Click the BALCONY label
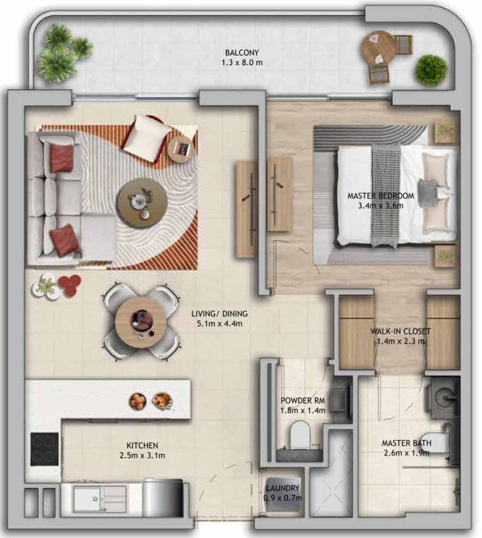pyautogui.click(x=242, y=53)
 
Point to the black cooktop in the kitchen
pyautogui.click(x=45, y=449)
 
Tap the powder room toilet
pyautogui.click(x=300, y=435)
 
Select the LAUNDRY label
pyautogui.click(x=283, y=488)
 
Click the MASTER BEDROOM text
pyautogui.click(x=381, y=196)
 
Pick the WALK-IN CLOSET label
pyautogui.click(x=400, y=332)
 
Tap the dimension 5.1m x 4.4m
pyautogui.click(x=220, y=324)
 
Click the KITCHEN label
pyautogui.click(x=142, y=446)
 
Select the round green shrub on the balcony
pyautogui.click(x=431, y=70)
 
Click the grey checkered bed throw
pyautogui.click(x=386, y=195)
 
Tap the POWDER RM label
pyautogui.click(x=303, y=401)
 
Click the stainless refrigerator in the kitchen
pyautogui.click(x=163, y=498)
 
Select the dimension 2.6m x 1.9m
pyautogui.click(x=407, y=453)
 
